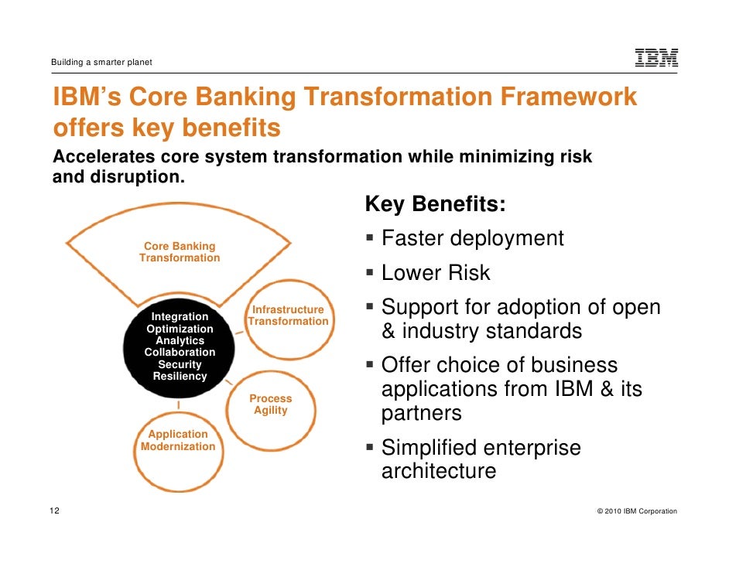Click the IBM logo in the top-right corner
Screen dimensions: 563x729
point(656,58)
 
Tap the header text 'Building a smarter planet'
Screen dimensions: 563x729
point(101,62)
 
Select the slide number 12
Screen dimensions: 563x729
point(54,511)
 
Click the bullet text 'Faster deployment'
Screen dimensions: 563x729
point(472,238)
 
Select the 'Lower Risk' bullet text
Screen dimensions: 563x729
point(436,273)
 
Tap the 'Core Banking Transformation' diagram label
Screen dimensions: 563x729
point(180,252)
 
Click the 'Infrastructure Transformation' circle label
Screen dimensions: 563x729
point(289,316)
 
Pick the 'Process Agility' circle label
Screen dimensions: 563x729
point(270,404)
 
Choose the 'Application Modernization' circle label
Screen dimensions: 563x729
point(178,441)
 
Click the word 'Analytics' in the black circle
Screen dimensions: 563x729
point(180,340)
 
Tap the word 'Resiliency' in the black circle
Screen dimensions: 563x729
point(180,377)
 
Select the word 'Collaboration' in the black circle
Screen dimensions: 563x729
point(180,353)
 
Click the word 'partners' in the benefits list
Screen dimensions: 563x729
point(421,414)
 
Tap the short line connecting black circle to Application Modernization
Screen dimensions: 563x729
point(180,405)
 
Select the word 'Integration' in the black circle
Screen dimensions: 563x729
point(180,316)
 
